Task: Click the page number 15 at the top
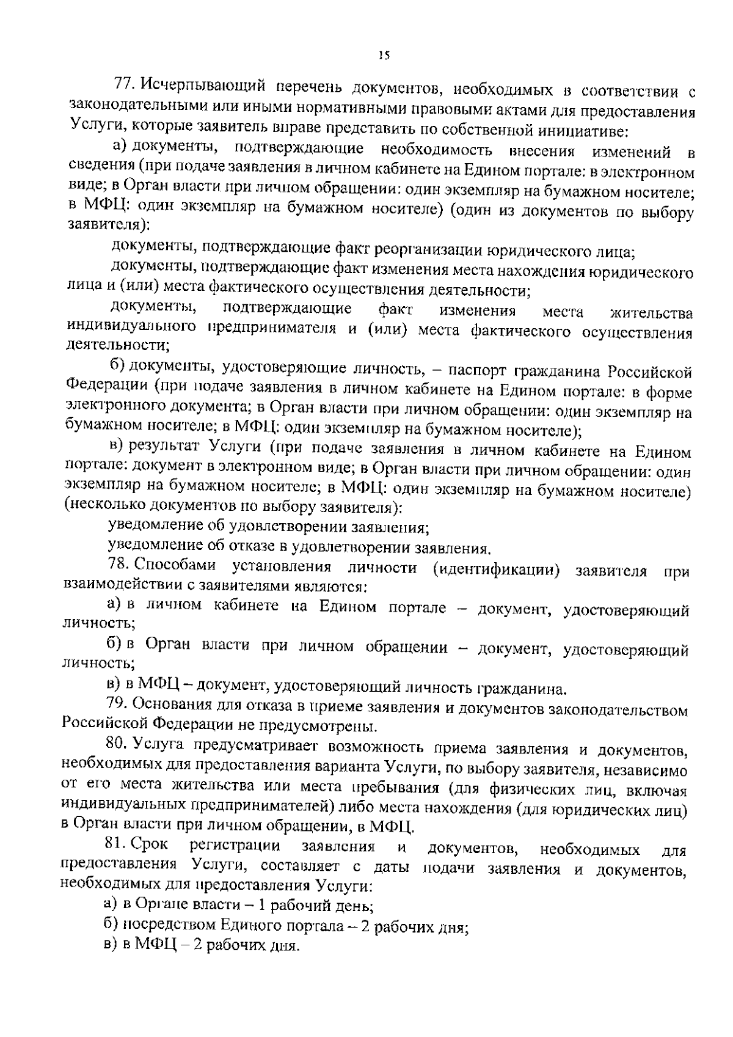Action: (x=384, y=56)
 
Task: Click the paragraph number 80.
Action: (x=115, y=744)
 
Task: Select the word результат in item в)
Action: (x=162, y=448)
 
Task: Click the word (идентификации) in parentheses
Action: (x=496, y=568)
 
